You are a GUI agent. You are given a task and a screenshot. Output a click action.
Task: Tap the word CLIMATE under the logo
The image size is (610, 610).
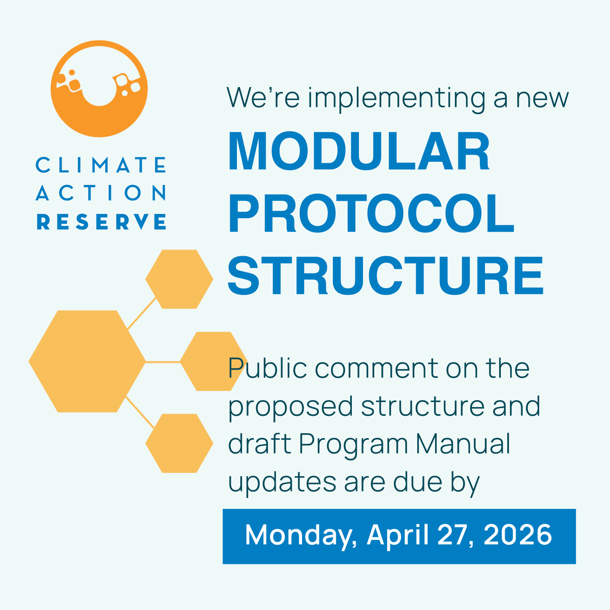click(101, 165)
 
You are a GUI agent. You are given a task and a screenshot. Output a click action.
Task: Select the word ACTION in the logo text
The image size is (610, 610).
click(101, 193)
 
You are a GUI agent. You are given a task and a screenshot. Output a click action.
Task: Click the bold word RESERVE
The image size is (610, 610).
click(101, 222)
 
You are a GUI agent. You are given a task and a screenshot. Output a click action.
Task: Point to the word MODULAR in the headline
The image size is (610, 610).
click(359, 151)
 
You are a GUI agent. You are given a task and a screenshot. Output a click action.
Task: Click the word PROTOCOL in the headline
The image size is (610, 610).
click(371, 213)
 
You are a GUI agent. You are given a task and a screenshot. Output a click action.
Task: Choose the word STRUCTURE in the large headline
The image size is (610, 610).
click(385, 276)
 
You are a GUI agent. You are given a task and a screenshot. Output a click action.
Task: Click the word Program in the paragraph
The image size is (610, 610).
click(353, 445)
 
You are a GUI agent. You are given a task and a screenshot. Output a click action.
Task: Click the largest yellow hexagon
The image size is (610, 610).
click(87, 361)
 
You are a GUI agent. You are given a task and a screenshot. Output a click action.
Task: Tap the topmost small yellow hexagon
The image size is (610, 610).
click(179, 279)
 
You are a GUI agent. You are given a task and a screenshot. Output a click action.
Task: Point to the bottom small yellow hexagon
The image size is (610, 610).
click(179, 443)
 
